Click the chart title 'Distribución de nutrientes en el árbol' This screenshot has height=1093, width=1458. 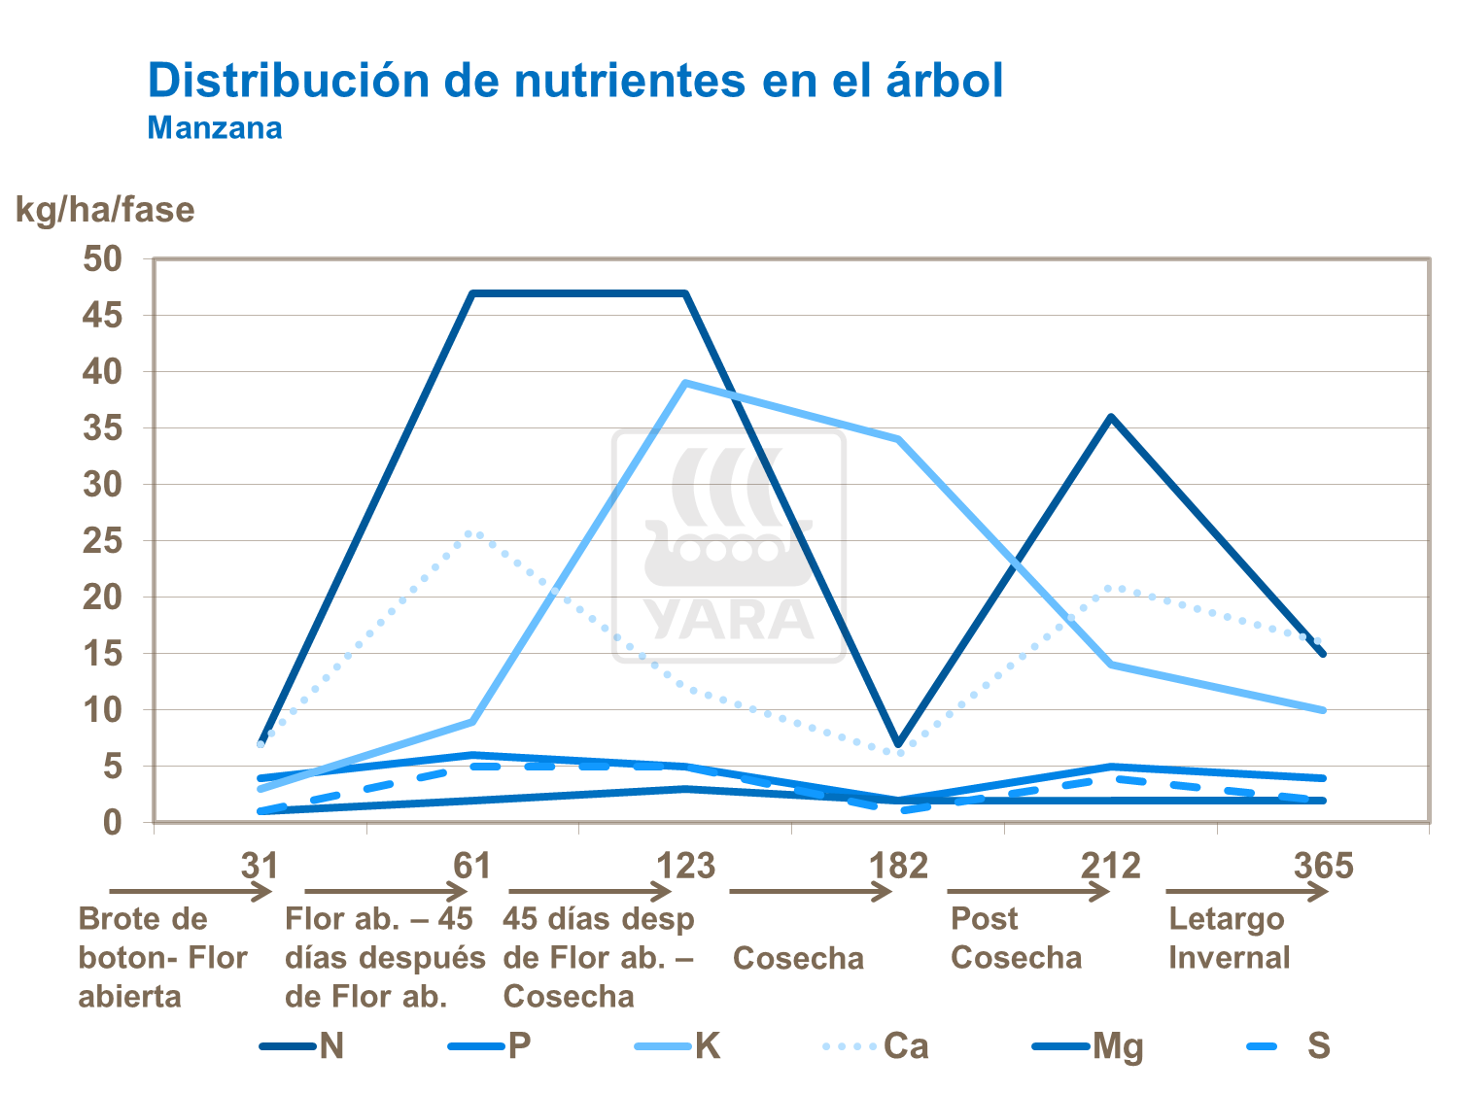[574, 81]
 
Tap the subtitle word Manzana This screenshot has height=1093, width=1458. [215, 128]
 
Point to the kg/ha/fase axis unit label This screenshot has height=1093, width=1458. [105, 210]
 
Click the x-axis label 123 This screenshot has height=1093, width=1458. [685, 865]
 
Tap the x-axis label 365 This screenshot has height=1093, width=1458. [1323, 865]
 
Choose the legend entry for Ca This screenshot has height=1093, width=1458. [904, 1046]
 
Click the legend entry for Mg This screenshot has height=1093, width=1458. [1117, 1046]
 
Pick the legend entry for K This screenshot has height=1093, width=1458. [707, 1046]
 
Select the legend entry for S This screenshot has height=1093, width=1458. [1317, 1046]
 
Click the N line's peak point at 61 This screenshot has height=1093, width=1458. [473, 293]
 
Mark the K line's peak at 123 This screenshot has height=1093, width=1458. [685, 383]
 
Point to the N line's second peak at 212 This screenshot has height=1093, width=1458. [1111, 417]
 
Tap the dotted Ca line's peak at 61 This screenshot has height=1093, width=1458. [473, 532]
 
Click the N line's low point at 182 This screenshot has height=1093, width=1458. [899, 743]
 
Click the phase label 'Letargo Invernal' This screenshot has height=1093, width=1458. [1228, 938]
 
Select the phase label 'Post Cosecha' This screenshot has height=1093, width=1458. [1016, 938]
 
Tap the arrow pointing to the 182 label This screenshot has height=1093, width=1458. [810, 891]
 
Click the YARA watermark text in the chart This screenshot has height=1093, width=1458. [729, 620]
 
